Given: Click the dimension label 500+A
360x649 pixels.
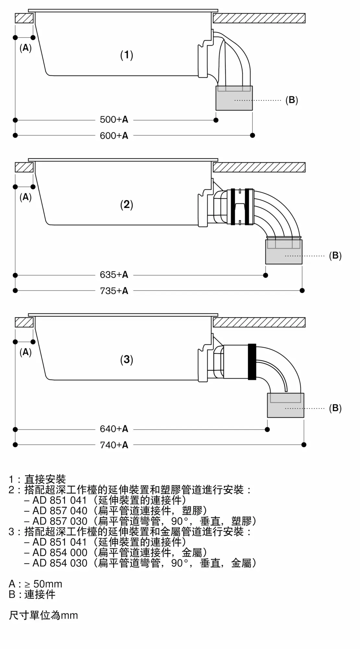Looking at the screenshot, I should pyautogui.click(x=114, y=120).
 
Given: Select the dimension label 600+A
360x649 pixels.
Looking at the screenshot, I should pyautogui.click(x=114, y=136).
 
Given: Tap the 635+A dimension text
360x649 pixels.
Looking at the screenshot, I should pyautogui.click(x=114, y=275).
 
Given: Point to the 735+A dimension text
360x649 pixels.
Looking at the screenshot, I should pyautogui.click(x=114, y=291).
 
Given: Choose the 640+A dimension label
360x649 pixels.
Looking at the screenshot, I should pyautogui.click(x=114, y=429).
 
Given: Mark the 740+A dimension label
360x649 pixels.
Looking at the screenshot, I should pyautogui.click(x=114, y=445).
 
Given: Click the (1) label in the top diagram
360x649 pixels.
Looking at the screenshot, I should pyautogui.click(x=127, y=55).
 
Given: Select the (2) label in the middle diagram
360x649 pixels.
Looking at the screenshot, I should pyautogui.click(x=127, y=204).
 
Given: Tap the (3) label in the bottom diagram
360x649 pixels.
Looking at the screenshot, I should pyautogui.click(x=127, y=360).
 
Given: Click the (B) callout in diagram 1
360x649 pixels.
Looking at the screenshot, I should pyautogui.click(x=292, y=100).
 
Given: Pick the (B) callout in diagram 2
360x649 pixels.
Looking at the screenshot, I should pyautogui.click(x=335, y=256).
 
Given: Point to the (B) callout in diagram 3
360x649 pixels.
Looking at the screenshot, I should pyautogui.click(x=335, y=408).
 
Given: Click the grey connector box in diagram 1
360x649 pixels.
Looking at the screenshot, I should pyautogui.click(x=234, y=98).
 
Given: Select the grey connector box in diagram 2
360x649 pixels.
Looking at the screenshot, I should pyautogui.click(x=284, y=252).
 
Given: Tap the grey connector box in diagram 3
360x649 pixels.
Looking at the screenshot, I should pyautogui.click(x=285, y=406).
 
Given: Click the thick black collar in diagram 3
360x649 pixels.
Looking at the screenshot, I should pyautogui.click(x=252, y=361).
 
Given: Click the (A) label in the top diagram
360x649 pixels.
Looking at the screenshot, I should pyautogui.click(x=26, y=48).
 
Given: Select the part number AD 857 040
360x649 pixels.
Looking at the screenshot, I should pyautogui.click(x=60, y=511).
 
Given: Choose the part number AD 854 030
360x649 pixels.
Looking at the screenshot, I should pyautogui.click(x=60, y=563).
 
